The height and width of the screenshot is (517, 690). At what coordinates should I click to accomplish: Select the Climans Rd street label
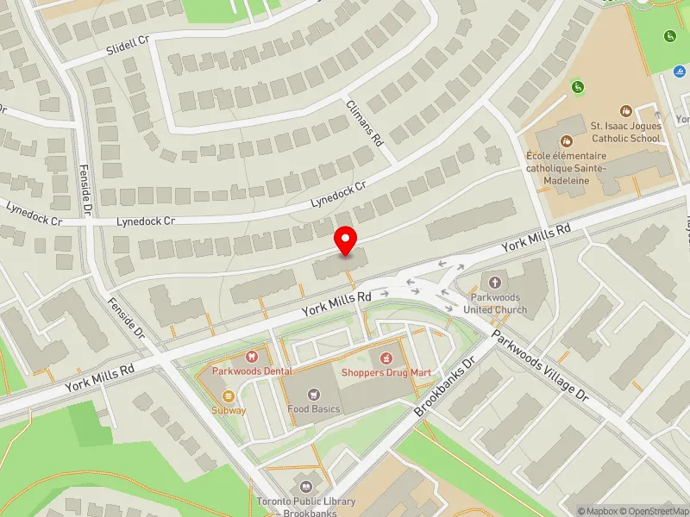365,122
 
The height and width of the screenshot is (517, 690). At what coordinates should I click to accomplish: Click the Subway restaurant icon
229,396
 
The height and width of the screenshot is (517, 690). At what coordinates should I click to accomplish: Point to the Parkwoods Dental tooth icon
252,356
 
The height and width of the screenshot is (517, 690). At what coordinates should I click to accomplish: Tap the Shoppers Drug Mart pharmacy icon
386,357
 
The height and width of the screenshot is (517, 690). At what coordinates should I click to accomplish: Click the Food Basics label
314,408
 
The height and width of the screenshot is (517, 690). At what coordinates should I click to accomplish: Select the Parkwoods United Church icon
495,282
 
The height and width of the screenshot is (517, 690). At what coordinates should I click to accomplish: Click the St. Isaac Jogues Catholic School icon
626,110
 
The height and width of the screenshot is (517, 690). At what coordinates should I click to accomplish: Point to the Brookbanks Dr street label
445,387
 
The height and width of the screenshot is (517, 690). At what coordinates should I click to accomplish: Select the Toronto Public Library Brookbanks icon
303,487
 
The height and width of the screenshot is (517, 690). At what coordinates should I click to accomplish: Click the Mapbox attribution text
597,511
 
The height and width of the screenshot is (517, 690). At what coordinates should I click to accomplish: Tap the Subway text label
229,410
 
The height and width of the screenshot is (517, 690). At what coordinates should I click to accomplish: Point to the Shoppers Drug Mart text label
386,372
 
